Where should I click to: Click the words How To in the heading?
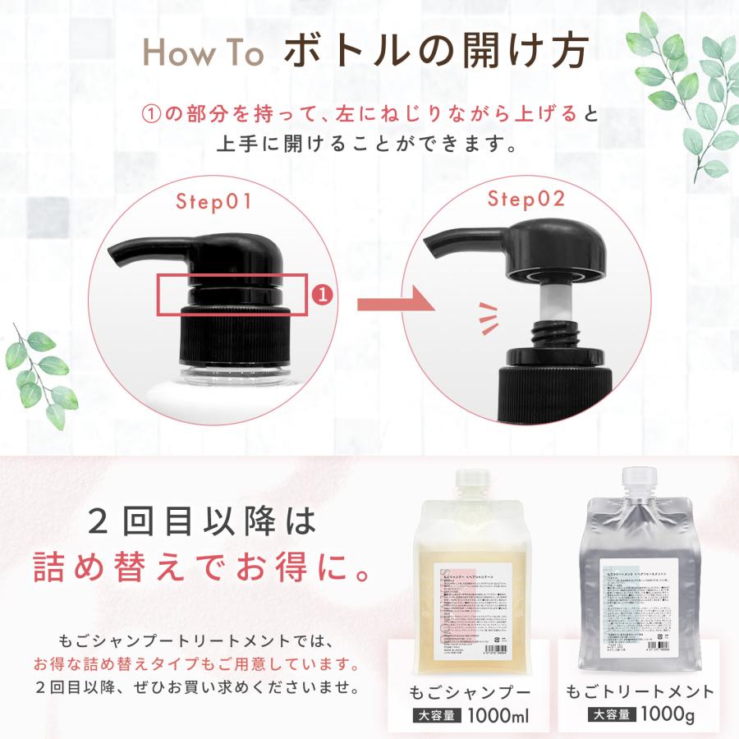[204, 53]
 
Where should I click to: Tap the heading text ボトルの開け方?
[436, 52]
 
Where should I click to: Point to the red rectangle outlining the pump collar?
[233, 294]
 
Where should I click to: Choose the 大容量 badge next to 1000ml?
[436, 715]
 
